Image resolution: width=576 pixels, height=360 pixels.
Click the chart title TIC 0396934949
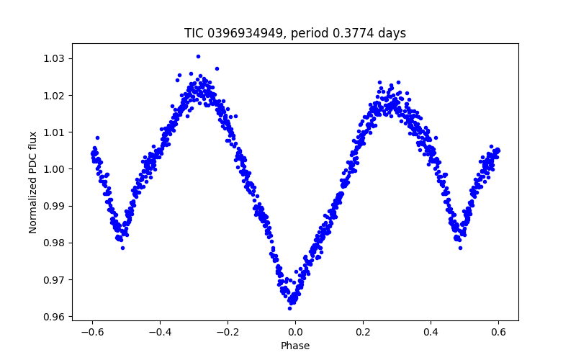coord(295,33)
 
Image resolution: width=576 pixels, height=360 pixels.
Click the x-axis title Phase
coord(295,346)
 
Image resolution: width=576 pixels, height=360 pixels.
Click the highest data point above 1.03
coord(198,56)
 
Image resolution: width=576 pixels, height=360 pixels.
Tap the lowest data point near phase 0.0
coord(289,308)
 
